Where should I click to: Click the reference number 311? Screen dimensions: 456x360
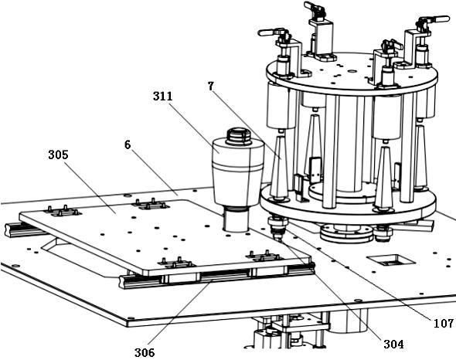click(x=163, y=97)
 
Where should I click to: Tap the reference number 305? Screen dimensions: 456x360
click(x=58, y=155)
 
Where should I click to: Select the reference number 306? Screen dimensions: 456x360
click(x=145, y=353)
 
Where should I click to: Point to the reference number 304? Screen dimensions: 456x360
click(x=393, y=345)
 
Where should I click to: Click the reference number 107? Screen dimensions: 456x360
click(x=444, y=324)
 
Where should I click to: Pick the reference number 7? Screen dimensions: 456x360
click(x=211, y=86)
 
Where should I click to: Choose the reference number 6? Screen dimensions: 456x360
click(x=128, y=144)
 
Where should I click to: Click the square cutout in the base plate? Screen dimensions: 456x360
click(x=390, y=260)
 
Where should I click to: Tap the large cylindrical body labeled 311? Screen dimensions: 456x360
click(x=238, y=172)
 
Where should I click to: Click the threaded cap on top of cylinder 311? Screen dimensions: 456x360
click(x=239, y=136)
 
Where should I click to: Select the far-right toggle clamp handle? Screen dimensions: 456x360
click(x=435, y=20)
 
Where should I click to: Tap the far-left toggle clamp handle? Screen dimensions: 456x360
click(x=271, y=32)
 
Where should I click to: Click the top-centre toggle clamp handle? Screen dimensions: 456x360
click(x=314, y=6)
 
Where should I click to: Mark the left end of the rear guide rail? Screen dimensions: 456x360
click(x=7, y=229)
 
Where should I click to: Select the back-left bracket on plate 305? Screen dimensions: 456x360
click(x=63, y=212)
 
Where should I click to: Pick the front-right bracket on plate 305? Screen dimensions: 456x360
click(x=264, y=256)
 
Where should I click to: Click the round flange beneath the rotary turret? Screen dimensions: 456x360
click(x=347, y=233)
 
